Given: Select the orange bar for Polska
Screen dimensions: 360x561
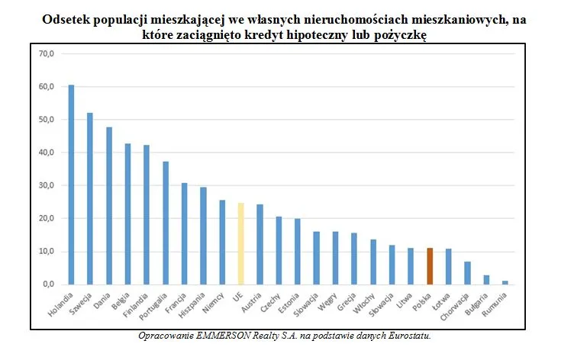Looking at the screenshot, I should click(429, 266).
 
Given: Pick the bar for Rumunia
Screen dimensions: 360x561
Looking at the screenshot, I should click(505, 282).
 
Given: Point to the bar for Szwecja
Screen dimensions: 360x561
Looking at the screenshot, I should click(90, 198).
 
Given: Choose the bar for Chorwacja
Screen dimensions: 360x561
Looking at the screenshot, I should click(467, 273).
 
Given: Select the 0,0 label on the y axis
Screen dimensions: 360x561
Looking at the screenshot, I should click(48, 284).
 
